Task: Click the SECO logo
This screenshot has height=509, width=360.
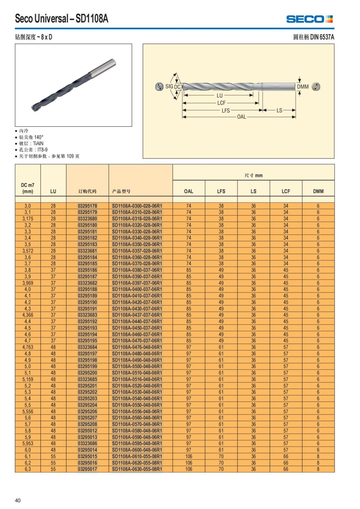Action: tap(309, 19)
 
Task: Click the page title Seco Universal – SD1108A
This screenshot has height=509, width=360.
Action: tap(61, 19)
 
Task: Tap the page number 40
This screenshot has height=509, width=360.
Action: tap(18, 500)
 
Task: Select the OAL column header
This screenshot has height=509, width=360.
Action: tap(188, 191)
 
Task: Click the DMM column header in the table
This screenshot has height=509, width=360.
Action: tap(318, 191)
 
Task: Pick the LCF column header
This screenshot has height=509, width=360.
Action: tap(286, 191)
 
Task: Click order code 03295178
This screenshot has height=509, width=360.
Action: tap(87, 206)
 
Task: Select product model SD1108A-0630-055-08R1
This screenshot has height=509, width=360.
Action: tap(137, 469)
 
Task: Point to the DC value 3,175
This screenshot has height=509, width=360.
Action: tap(28, 219)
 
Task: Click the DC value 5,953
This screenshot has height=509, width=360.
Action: tap(28, 443)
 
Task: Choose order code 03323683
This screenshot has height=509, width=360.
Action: tap(87, 315)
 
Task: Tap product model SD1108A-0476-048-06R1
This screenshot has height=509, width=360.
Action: tap(137, 347)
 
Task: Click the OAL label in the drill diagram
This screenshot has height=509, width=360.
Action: tap(241, 117)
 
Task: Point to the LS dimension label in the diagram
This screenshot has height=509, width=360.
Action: tap(279, 110)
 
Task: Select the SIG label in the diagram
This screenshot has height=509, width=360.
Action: tap(169, 86)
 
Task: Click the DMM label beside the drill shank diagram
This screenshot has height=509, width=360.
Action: tap(303, 87)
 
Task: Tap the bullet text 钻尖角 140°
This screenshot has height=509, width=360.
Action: tap(31, 137)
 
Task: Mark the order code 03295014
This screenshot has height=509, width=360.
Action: tap(87, 450)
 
